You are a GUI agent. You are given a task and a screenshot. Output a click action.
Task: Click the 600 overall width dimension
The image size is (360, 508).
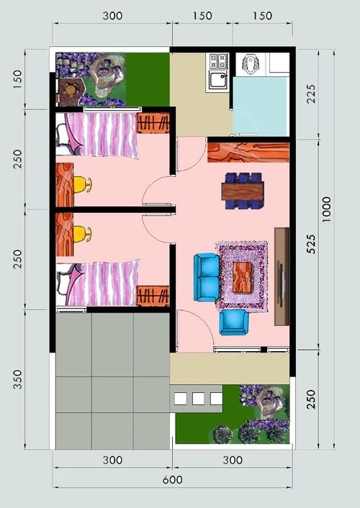click(172, 479)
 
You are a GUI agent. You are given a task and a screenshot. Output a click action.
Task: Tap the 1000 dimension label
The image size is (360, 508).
click(326, 209)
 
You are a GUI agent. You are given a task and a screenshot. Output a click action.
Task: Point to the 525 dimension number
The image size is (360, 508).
click(310, 244)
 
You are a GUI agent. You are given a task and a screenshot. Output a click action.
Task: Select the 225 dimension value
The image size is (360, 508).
click(311, 94)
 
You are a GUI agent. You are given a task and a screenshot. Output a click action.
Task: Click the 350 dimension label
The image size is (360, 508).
click(17, 379)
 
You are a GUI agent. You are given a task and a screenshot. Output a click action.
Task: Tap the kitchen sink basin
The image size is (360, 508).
click(217, 80)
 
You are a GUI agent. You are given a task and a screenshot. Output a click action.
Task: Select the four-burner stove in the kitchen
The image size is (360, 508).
click(218, 61)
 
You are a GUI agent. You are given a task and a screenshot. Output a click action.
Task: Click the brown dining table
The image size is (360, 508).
click(243, 191)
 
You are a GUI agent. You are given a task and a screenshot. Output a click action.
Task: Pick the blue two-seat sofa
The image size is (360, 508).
click(207, 277)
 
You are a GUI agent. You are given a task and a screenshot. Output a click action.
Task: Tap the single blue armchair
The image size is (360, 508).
click(234, 322)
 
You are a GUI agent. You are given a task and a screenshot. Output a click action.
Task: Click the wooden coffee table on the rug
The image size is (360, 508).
click(242, 277)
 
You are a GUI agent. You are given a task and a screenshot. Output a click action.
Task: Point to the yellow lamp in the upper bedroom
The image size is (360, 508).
click(82, 185)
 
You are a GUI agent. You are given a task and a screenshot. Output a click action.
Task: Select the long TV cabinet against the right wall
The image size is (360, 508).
click(282, 276)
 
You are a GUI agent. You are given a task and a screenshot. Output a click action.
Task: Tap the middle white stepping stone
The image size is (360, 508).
click(198, 399)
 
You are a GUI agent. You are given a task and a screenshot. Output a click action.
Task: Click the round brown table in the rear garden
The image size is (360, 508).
click(69, 89)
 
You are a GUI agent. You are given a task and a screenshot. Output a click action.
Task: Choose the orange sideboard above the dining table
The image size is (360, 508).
click(248, 153)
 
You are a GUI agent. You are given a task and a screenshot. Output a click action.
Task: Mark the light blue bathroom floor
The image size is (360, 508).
click(261, 106)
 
